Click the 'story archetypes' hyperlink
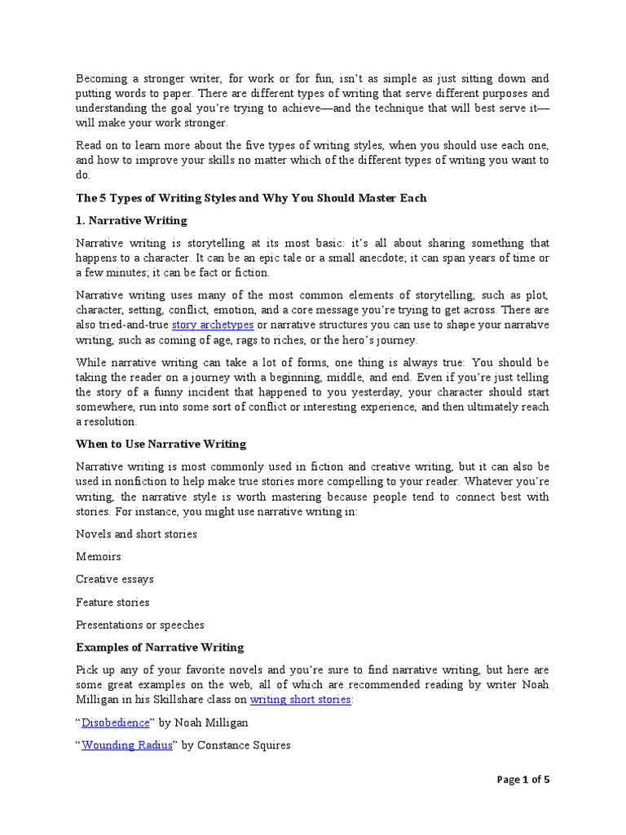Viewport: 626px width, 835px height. (x=207, y=325)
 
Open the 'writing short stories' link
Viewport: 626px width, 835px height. (x=301, y=700)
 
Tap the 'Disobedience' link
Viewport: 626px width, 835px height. (x=116, y=722)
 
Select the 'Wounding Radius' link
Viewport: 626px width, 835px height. (x=127, y=745)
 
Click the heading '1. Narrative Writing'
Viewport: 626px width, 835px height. (x=131, y=220)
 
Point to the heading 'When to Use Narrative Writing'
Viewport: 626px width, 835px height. (x=161, y=444)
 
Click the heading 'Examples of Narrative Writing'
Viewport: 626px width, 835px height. (x=160, y=647)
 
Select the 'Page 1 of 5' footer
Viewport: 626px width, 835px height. (x=523, y=780)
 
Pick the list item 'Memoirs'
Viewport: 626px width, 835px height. (x=98, y=556)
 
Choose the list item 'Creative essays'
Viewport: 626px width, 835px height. (x=114, y=579)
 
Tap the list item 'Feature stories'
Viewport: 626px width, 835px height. (x=112, y=602)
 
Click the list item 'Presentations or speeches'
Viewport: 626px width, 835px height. (x=139, y=625)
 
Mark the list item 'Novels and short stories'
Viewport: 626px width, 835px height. (x=136, y=534)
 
